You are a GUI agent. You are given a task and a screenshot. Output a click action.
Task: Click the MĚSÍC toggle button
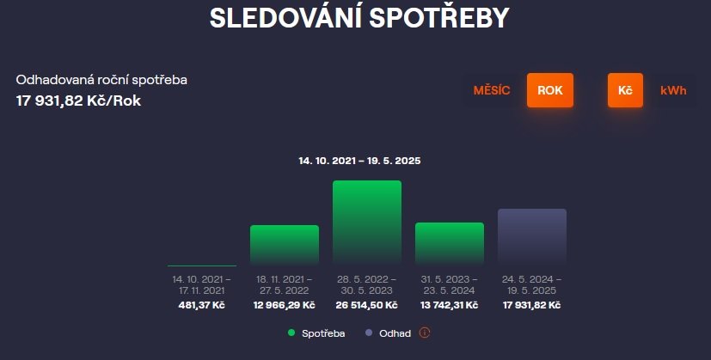point(492,90)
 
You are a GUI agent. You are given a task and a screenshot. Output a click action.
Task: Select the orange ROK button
point(550,90)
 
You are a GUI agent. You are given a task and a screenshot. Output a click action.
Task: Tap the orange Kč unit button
point(625,90)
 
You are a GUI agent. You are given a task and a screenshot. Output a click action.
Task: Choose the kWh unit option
point(673,90)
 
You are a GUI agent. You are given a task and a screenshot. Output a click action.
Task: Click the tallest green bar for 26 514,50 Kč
point(367,223)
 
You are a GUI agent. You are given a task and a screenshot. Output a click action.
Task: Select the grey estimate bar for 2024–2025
point(532,236)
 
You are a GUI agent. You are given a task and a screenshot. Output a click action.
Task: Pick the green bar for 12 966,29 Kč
point(285,245)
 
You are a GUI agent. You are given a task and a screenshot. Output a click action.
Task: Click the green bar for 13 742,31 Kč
point(450,243)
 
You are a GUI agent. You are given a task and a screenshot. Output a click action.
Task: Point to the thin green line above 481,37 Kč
point(202,265)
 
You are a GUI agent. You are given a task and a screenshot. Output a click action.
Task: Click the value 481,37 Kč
point(202,305)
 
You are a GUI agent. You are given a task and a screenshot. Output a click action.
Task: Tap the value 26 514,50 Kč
point(367,305)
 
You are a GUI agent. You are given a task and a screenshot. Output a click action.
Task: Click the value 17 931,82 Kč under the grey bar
point(532,305)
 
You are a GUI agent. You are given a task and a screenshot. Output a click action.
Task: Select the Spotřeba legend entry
point(316,333)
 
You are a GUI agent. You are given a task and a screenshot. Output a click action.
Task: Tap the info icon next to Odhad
point(425,333)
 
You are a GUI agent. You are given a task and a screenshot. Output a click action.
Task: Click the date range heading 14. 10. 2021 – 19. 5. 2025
point(359,161)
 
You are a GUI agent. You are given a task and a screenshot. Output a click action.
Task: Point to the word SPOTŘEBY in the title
point(439,18)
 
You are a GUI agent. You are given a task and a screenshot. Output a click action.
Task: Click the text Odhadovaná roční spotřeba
point(101,80)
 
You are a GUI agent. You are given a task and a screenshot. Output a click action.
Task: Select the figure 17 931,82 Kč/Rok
point(78,101)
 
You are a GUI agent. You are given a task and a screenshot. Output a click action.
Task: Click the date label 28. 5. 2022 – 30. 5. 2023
point(367,284)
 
